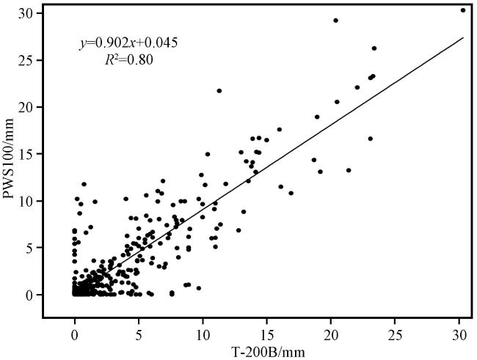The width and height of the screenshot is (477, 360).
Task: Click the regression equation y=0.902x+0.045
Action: coord(128,43)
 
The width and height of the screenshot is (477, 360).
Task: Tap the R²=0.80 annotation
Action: coord(129,59)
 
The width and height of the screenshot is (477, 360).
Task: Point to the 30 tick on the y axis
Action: coord(27,13)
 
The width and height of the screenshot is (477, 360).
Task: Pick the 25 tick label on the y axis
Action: coord(27,60)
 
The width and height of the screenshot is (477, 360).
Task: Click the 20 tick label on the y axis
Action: coord(27,107)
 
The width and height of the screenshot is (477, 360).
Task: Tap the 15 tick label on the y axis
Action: coord(27,154)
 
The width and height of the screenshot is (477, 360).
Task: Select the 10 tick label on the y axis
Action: coord(27,201)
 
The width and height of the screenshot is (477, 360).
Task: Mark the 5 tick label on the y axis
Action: coord(30,248)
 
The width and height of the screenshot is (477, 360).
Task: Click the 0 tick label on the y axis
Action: coord(30,295)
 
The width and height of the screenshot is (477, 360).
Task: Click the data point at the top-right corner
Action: coord(463,10)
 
